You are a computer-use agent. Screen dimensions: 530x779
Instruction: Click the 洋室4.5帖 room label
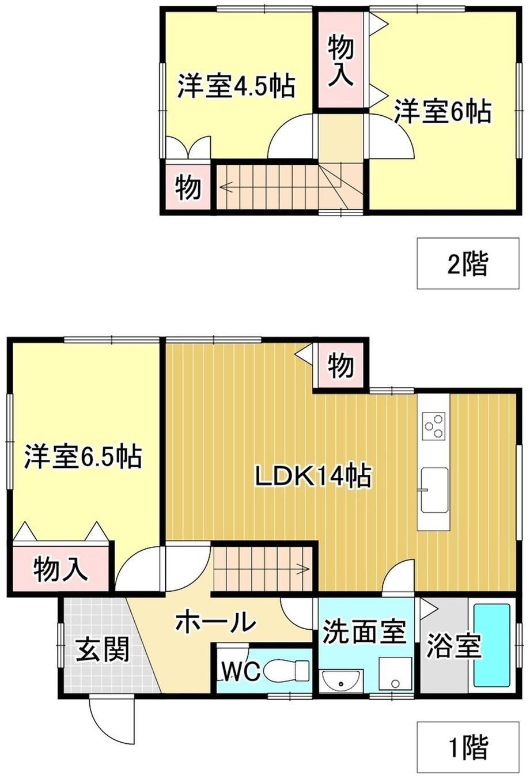[x=236, y=85]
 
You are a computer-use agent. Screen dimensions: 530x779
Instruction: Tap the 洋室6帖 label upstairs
[x=442, y=111]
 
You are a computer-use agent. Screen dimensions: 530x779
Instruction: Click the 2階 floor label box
[x=468, y=263]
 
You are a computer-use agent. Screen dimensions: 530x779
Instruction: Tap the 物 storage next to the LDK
[x=341, y=365]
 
